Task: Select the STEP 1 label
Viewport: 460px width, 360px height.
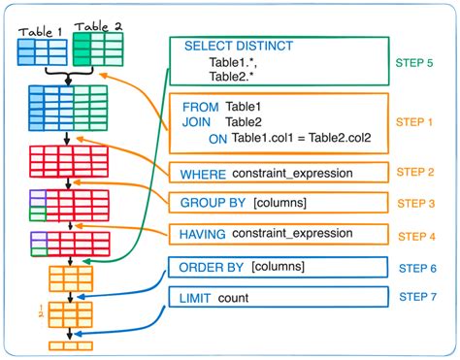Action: pyautogui.click(x=415, y=122)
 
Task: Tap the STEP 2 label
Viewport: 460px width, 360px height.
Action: pyautogui.click(x=415, y=171)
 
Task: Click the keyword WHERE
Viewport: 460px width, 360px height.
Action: pyautogui.click(x=202, y=174)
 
